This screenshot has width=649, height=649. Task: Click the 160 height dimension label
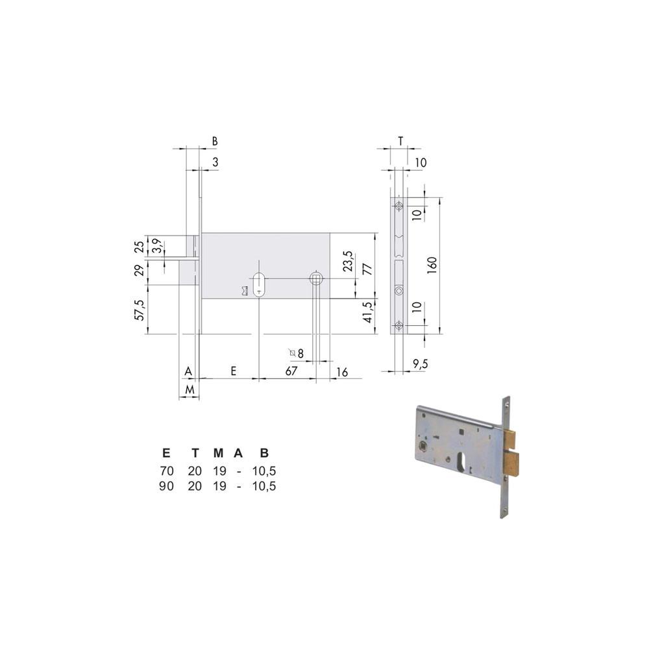click(x=432, y=265)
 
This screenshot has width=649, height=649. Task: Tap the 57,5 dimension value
click(x=140, y=310)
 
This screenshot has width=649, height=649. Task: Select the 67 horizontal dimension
click(x=291, y=371)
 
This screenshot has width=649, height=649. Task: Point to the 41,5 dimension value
click(x=367, y=312)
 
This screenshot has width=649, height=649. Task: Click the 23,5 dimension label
click(x=348, y=261)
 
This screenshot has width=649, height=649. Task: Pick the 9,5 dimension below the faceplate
click(x=420, y=364)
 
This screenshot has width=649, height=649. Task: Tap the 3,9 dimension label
click(x=157, y=246)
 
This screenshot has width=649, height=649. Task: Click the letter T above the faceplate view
click(x=400, y=141)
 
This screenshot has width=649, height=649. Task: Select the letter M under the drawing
click(x=190, y=390)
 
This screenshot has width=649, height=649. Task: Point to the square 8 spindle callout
click(x=297, y=353)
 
